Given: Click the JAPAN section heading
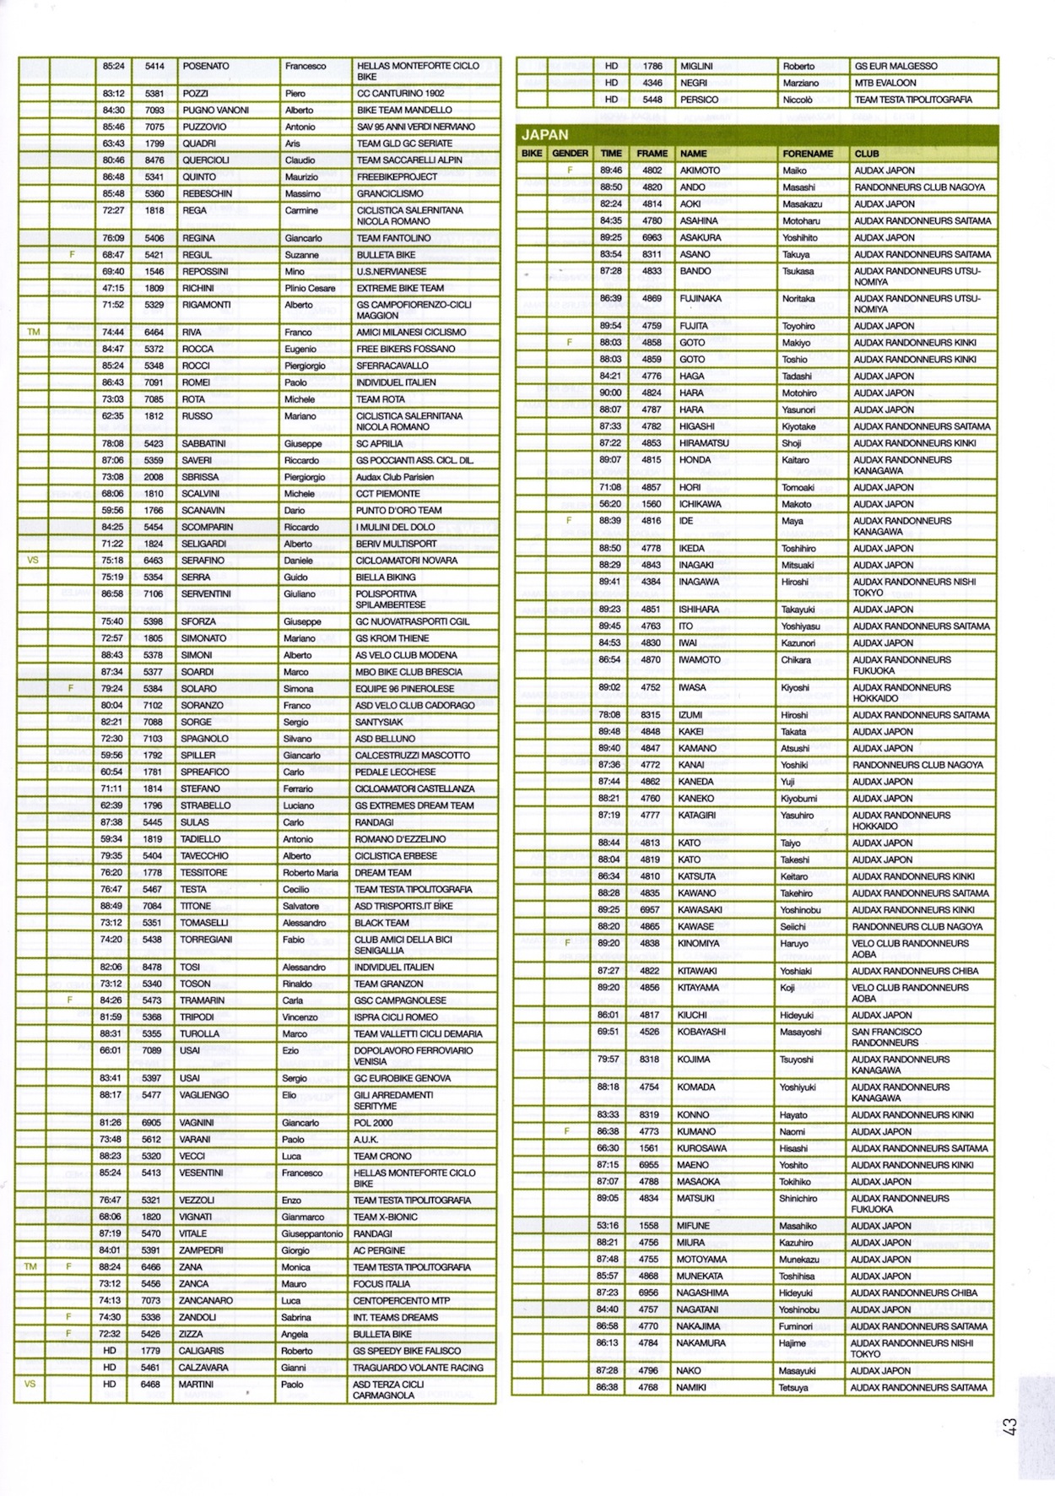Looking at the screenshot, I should pyautogui.click(x=545, y=134).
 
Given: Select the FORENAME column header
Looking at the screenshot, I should pyautogui.click(x=808, y=154).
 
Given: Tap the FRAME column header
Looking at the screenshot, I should pyautogui.click(x=652, y=154).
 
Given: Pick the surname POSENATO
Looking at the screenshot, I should pyautogui.click(x=206, y=66).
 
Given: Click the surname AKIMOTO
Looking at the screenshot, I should pyautogui.click(x=701, y=171).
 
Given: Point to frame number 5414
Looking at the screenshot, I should pyautogui.click(x=154, y=66).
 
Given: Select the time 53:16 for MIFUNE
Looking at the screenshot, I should pyautogui.click(x=608, y=1226).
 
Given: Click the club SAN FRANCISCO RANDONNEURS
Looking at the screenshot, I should pyautogui.click(x=886, y=1037).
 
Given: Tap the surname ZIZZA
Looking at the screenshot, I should pyautogui.click(x=191, y=1334).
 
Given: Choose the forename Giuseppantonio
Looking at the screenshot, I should pyautogui.click(x=313, y=1233).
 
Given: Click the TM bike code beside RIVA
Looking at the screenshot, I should pyautogui.click(x=33, y=332).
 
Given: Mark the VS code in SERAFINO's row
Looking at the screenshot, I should pyautogui.click(x=33, y=560).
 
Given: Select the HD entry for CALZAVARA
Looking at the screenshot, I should pyautogui.click(x=110, y=1367).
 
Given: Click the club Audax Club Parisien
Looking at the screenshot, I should pyautogui.click(x=395, y=477).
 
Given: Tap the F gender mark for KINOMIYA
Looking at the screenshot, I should pyautogui.click(x=568, y=943).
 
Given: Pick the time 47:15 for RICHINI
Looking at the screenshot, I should pyautogui.click(x=113, y=288).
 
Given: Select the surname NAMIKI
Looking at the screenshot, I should pyautogui.click(x=695, y=1387).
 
